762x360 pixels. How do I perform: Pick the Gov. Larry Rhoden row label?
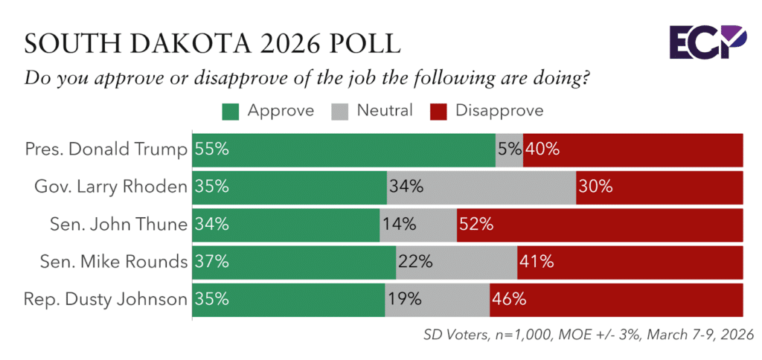pyautogui.click(x=111, y=187)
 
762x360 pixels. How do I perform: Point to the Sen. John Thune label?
pyautogui.click(x=123, y=225)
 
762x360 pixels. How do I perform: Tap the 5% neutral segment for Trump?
pyautogui.click(x=509, y=149)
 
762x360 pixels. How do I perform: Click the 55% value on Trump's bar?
pyautogui.click(x=212, y=149)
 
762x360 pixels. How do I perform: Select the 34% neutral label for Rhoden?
pyautogui.click(x=406, y=187)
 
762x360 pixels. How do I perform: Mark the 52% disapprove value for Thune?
pyautogui.click(x=477, y=225)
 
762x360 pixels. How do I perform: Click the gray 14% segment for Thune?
pyautogui.click(x=417, y=225)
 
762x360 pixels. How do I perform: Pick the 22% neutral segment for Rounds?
pyautogui.click(x=456, y=262)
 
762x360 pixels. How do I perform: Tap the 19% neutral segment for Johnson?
pyautogui.click(x=437, y=300)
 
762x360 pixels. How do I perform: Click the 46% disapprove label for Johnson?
pyautogui.click(x=509, y=300)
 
